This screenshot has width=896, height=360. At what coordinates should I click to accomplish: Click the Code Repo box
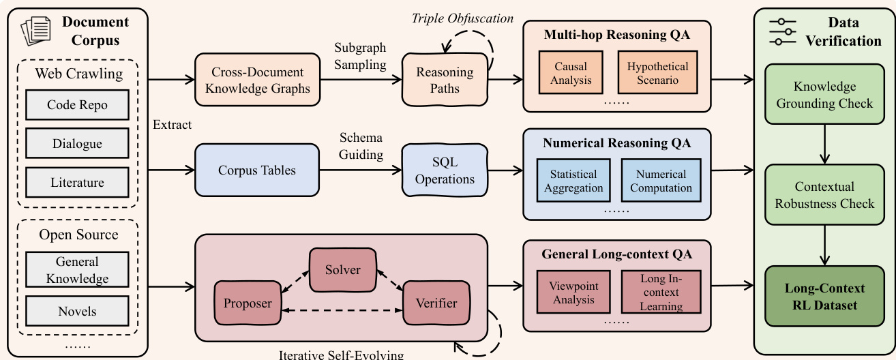click(x=77, y=105)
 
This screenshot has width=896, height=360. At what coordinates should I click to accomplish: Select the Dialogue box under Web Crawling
click(x=77, y=144)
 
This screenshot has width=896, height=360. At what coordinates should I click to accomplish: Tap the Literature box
click(x=77, y=183)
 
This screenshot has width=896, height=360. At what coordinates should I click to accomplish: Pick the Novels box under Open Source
click(x=77, y=312)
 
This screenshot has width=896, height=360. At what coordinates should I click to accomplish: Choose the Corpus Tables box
click(x=257, y=170)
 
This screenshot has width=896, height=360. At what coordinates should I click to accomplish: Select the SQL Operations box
click(x=445, y=171)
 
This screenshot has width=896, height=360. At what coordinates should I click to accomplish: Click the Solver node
click(x=342, y=270)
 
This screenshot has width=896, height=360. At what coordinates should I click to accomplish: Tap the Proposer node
click(x=248, y=303)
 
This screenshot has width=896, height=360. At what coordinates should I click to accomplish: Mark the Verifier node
click(x=436, y=303)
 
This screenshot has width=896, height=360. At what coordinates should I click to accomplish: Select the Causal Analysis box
click(x=571, y=74)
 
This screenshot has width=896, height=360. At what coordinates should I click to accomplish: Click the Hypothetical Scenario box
click(x=657, y=74)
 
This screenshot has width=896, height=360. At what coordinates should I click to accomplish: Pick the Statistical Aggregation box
click(x=573, y=181)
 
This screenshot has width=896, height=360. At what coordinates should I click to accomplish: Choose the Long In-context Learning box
click(x=661, y=292)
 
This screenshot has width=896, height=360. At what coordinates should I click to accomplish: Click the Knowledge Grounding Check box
click(x=824, y=95)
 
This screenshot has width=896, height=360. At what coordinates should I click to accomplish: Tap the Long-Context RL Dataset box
click(x=824, y=297)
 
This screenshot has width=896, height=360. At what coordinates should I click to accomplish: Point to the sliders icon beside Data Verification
click(x=782, y=31)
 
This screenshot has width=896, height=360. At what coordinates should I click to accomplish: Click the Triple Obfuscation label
click(x=462, y=18)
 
